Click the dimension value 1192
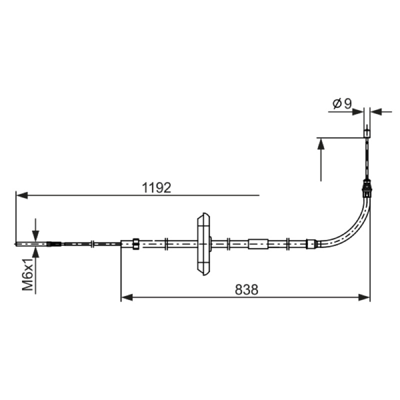tap(156, 188)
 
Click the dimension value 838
tap(246, 289)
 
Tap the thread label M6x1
tap(27, 274)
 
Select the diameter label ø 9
tap(342, 103)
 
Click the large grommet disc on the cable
tap(203, 244)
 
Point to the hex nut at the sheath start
tap(136, 244)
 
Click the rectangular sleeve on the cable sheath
tap(258, 244)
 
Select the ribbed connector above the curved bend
tap(366, 189)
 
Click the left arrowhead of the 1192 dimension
tap(21, 195)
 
